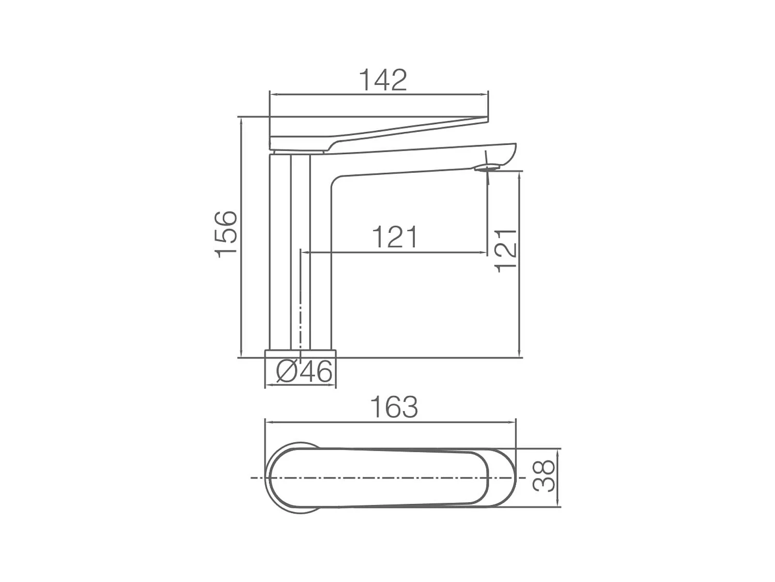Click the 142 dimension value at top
(383, 80)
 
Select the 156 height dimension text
(226, 234)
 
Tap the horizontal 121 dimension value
(395, 237)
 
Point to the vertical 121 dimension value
(506, 250)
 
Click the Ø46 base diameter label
(304, 371)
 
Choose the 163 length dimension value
(394, 407)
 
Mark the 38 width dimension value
(545, 476)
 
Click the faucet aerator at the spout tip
(487, 167)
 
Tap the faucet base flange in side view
(300, 353)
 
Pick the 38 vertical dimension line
(558, 476)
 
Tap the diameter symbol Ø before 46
(286, 371)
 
